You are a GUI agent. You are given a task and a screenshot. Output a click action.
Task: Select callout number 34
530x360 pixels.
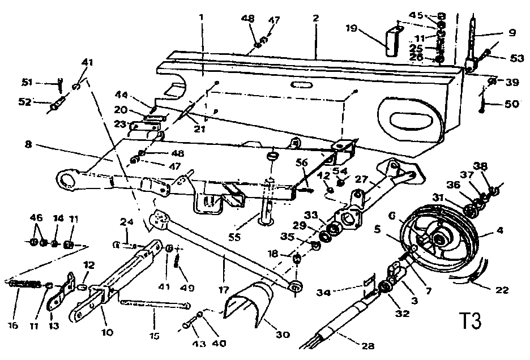tap(339, 292)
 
